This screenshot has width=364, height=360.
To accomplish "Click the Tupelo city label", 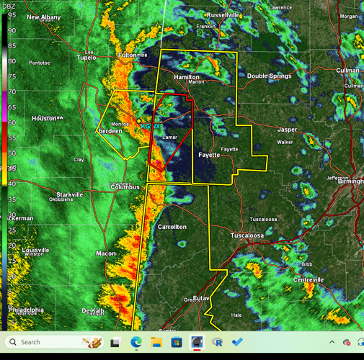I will [x=86, y=58].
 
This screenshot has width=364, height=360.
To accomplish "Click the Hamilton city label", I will [x=187, y=76].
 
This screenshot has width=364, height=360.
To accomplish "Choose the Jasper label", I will [x=287, y=130].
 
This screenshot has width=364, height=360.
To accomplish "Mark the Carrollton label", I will [x=172, y=227].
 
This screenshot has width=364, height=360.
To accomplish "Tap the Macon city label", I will [x=106, y=253].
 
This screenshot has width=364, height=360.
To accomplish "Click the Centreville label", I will [x=308, y=279].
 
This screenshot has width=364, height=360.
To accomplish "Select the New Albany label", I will [x=44, y=17].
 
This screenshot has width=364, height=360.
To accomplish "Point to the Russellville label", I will [x=223, y=14].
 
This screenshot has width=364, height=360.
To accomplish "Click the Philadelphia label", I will [x=26, y=310].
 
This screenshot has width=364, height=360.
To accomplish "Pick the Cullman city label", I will [x=347, y=71].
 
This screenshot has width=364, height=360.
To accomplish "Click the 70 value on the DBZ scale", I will [x=12, y=92].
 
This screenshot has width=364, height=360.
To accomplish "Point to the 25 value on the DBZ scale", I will [x=12, y=230].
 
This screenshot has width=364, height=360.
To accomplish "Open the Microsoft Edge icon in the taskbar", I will [x=136, y=342].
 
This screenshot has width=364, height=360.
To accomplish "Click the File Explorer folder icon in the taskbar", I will [x=156, y=342].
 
